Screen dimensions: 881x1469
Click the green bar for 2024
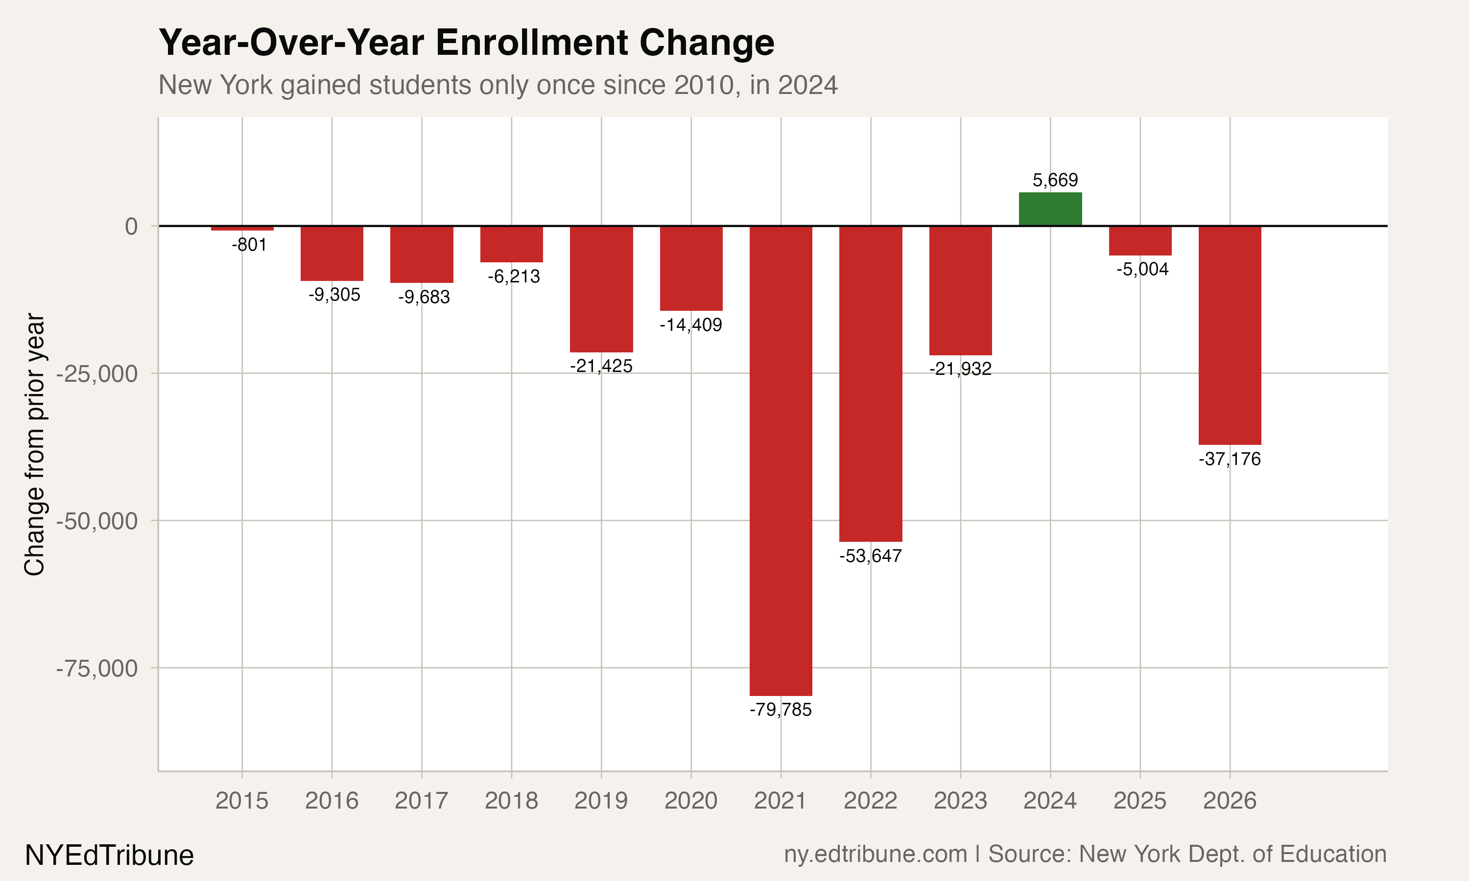tap(1050, 209)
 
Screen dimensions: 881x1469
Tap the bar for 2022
tap(871, 384)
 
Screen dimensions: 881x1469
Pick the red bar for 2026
tap(1229, 335)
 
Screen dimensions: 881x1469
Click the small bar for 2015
tap(242, 229)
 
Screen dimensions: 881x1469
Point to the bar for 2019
tap(601, 289)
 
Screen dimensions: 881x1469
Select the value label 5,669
tap(1055, 180)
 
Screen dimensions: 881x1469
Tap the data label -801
tap(249, 245)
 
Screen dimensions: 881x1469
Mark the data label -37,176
tap(1229, 459)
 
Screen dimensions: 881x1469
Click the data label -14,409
tap(690, 325)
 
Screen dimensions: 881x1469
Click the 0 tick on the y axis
tap(131, 226)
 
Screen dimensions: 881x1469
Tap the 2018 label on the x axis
tap(511, 801)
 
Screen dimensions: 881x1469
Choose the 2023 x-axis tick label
tap(960, 801)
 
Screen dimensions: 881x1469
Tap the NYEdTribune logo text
tap(109, 856)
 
